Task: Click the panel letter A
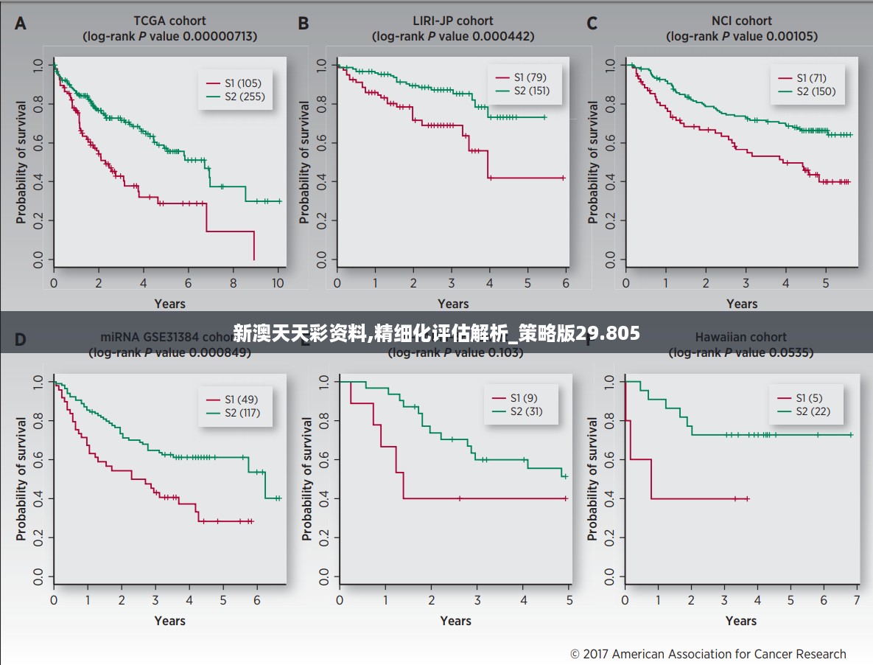point(21,24)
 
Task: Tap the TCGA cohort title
point(169,21)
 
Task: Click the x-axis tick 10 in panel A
point(278,284)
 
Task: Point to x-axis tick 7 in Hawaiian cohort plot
point(857,601)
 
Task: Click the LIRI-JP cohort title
point(453,21)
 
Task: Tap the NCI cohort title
point(742,21)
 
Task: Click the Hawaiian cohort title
point(741,337)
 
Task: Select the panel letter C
point(592,24)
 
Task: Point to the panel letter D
point(21,340)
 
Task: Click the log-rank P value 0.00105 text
point(742,36)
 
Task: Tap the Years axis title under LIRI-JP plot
point(453,304)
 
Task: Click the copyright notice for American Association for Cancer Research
point(708,654)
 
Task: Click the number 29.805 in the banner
point(608,333)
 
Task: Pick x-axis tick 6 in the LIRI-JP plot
point(566,284)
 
